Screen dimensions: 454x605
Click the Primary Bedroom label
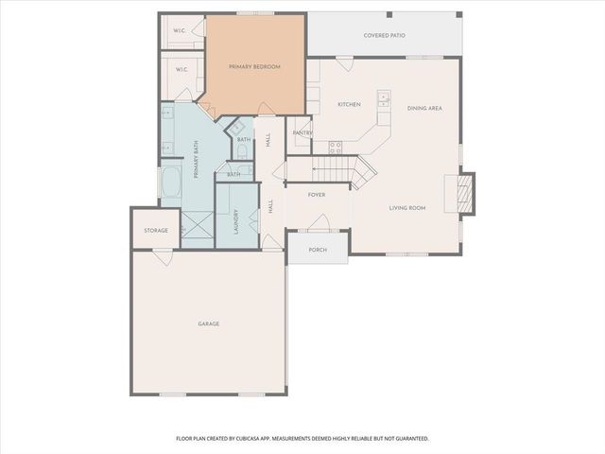point(254,66)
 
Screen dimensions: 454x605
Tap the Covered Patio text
point(384,36)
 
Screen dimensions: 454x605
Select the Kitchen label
point(349,104)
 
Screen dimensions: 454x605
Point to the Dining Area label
point(424,108)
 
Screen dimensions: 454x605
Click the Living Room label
point(407,207)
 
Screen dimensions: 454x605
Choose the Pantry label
point(302,133)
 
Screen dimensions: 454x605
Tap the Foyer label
point(318,195)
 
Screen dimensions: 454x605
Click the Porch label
point(318,250)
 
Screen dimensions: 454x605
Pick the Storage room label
point(156,231)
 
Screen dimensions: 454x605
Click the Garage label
point(208,323)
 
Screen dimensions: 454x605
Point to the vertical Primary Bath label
point(197,160)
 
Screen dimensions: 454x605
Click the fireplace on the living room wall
point(463,191)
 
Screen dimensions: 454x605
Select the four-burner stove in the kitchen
point(335,146)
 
